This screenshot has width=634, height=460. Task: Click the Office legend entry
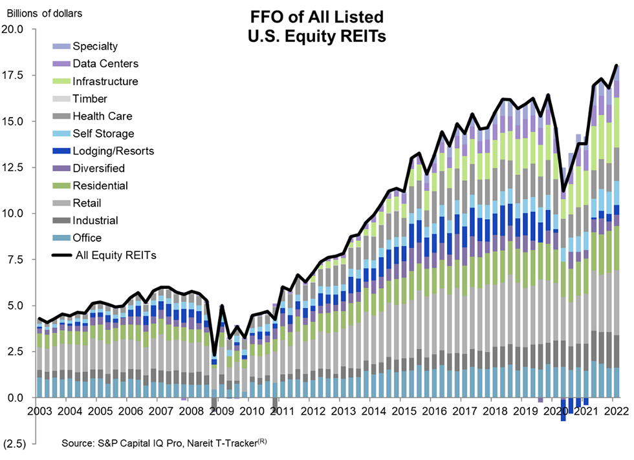[x=87, y=238]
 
